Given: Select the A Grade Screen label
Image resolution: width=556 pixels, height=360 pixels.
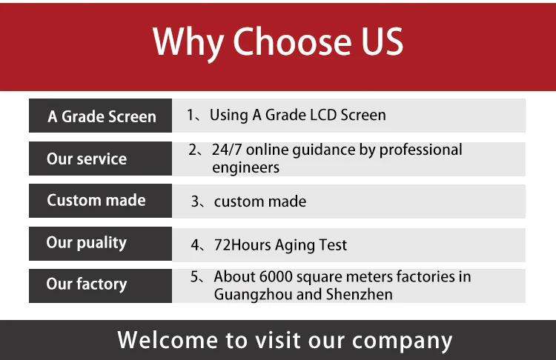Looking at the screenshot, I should pyautogui.click(x=102, y=116).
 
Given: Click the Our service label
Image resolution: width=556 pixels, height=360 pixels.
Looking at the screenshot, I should pyautogui.click(x=86, y=159).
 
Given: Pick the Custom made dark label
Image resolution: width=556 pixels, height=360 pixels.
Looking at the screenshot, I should pyautogui.click(x=96, y=200).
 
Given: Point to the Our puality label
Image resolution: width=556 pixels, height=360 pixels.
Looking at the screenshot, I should pyautogui.click(x=86, y=242).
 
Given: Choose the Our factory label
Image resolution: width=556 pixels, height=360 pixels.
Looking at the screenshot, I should pyautogui.click(x=86, y=284).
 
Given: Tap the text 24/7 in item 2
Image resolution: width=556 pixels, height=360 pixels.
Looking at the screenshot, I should pyautogui.click(x=227, y=150).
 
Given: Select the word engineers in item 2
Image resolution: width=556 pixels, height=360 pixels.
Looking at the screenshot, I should pyautogui.click(x=245, y=167).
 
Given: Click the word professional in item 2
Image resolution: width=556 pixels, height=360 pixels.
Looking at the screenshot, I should pyautogui.click(x=420, y=150).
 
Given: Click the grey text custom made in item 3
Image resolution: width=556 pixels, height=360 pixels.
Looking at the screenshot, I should pyautogui.click(x=259, y=201).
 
